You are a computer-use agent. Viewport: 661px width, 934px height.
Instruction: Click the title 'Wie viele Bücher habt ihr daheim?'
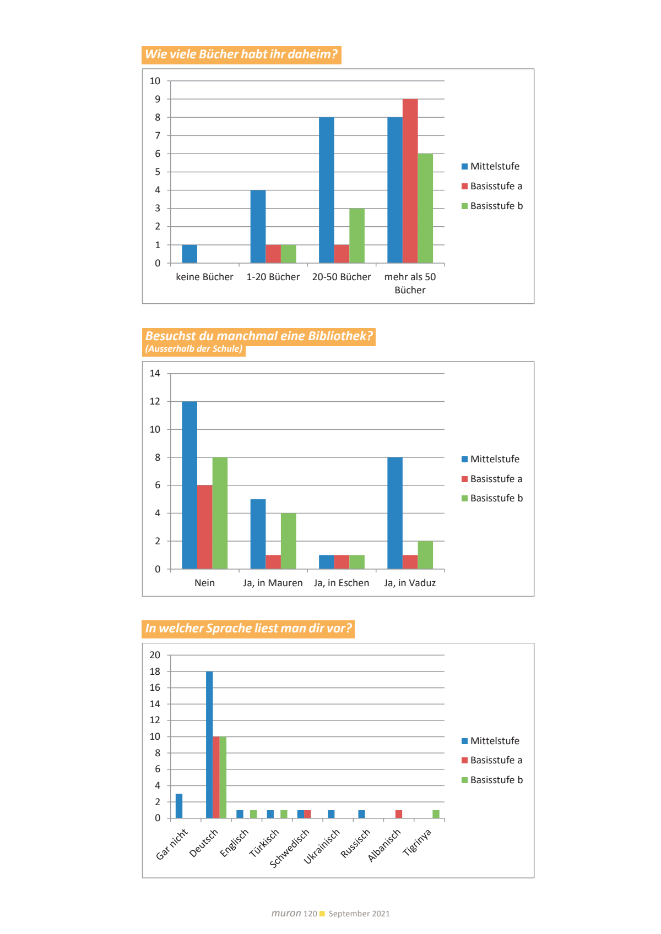click(x=241, y=54)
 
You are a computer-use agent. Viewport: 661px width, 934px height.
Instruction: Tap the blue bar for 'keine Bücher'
click(x=189, y=254)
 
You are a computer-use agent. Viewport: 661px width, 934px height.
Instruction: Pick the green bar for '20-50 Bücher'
click(x=356, y=236)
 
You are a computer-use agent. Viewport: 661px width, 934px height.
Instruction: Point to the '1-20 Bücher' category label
click(x=273, y=277)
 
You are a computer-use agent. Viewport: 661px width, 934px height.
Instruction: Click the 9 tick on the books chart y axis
click(x=158, y=99)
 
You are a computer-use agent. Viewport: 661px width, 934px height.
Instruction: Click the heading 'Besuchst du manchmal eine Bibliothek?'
click(x=258, y=336)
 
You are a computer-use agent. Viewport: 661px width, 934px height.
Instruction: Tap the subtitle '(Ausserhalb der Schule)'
click(x=194, y=349)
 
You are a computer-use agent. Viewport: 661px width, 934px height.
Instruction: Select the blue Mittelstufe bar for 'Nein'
click(x=189, y=485)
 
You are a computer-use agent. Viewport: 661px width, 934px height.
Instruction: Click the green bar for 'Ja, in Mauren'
click(x=288, y=541)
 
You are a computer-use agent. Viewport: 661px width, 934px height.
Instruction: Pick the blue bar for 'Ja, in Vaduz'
click(x=395, y=513)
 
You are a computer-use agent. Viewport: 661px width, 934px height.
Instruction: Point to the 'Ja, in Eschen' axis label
click(x=341, y=583)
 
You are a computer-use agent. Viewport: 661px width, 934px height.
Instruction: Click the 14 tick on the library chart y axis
click(x=155, y=373)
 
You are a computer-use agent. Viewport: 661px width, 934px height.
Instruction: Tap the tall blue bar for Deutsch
click(x=209, y=745)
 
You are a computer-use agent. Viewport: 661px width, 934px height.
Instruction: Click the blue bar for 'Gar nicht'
click(x=179, y=806)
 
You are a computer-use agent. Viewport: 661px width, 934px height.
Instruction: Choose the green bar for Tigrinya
click(x=436, y=814)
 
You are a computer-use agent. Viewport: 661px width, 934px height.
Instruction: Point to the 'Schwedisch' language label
click(x=290, y=848)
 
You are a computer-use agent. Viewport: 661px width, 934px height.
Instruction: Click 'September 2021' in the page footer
click(x=359, y=914)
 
